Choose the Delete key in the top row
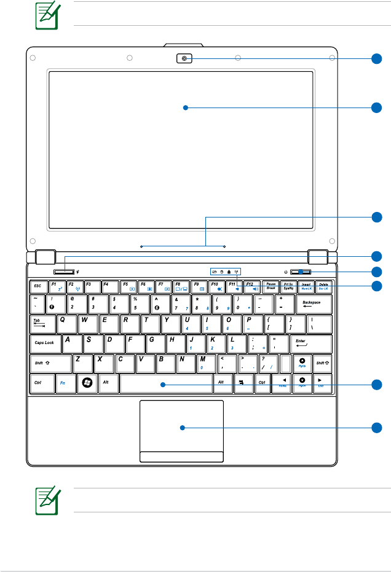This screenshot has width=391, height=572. pos(323,286)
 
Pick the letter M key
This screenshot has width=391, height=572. pos(203,362)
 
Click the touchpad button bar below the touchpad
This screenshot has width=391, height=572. pos(181,456)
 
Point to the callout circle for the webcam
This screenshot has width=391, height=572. pos(377,59)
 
